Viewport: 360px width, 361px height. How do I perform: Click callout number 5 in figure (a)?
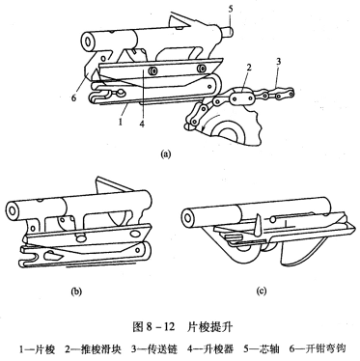(231, 9)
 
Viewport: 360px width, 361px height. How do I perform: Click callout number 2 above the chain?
(248, 68)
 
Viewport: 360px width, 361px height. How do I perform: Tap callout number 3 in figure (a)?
(279, 61)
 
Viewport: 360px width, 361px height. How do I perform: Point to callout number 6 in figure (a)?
(74, 97)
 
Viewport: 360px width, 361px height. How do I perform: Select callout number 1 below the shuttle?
(121, 122)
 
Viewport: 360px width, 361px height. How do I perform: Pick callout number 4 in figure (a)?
(142, 123)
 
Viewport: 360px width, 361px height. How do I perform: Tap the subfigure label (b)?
(76, 292)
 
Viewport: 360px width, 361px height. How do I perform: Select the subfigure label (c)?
(262, 292)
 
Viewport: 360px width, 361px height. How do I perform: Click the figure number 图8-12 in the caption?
(153, 327)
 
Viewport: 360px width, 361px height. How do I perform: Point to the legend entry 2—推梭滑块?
(94, 349)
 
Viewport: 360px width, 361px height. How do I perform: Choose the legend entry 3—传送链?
(154, 349)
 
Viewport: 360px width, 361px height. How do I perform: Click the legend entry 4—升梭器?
(210, 349)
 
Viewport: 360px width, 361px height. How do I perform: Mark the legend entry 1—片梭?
(37, 349)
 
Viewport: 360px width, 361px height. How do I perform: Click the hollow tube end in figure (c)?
(187, 216)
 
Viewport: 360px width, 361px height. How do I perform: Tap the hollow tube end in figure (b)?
(13, 210)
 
